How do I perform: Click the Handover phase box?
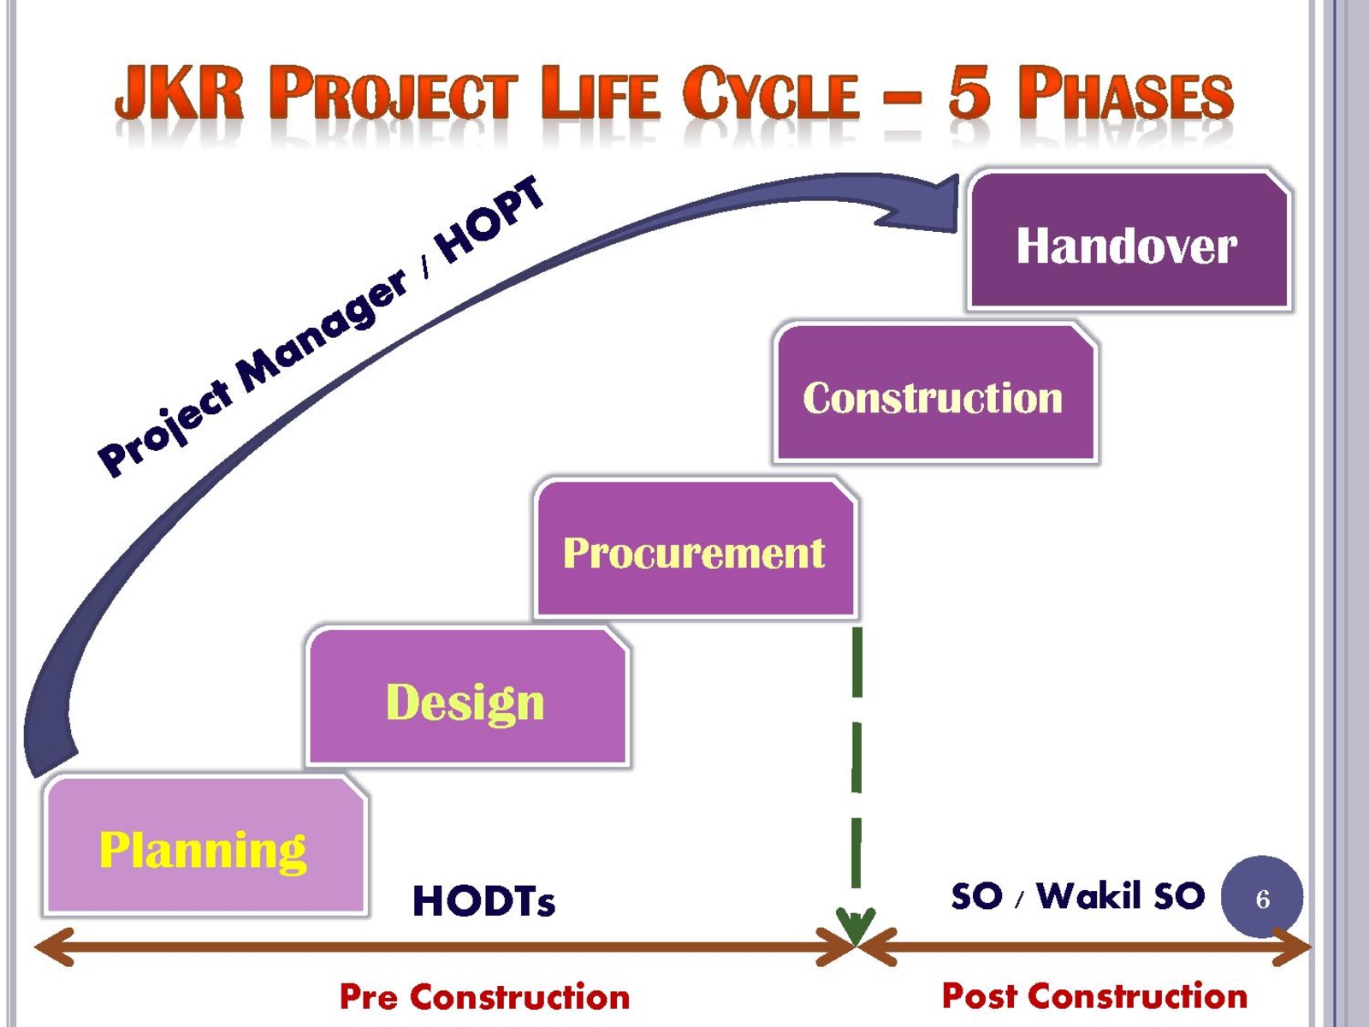(1129, 240)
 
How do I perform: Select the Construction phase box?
(935, 393)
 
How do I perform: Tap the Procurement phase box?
(696, 549)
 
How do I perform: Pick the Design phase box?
(468, 697)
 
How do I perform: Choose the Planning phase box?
(205, 846)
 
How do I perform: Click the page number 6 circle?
(1262, 897)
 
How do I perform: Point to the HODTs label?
(483, 901)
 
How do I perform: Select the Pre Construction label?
(484, 996)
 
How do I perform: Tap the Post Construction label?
(1094, 995)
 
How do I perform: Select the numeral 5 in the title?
(969, 92)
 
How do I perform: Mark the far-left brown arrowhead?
(54, 947)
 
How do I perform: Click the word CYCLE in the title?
(771, 92)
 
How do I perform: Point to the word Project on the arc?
(165, 430)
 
